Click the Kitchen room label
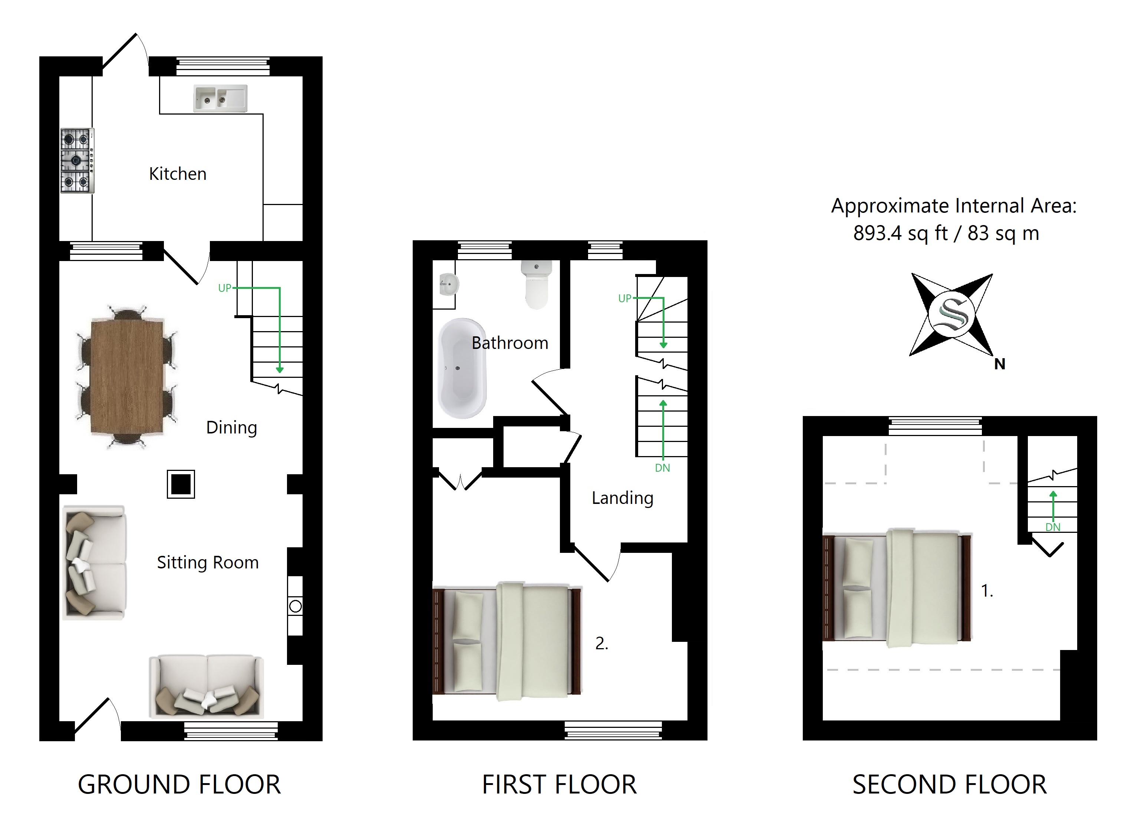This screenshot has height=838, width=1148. pos(178,174)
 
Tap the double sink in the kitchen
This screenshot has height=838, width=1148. pos(221,98)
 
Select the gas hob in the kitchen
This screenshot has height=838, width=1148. pos(77,160)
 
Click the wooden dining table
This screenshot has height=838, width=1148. pos(127,377)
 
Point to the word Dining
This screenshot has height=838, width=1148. pos(231,428)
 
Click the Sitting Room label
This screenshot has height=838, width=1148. pos(208,562)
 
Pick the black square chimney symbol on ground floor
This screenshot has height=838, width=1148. pos(181,484)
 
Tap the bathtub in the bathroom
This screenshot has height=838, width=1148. pos(462,368)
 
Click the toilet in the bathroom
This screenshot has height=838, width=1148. pos(537,284)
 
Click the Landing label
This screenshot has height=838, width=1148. pos(623,498)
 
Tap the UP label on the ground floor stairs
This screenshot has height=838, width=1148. pos(225,288)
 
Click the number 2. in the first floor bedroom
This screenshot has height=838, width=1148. pos(602,643)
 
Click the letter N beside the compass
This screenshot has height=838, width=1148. pos(1000,364)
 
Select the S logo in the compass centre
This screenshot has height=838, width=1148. pos(952,315)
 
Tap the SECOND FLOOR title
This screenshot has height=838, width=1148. pos(950,785)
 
